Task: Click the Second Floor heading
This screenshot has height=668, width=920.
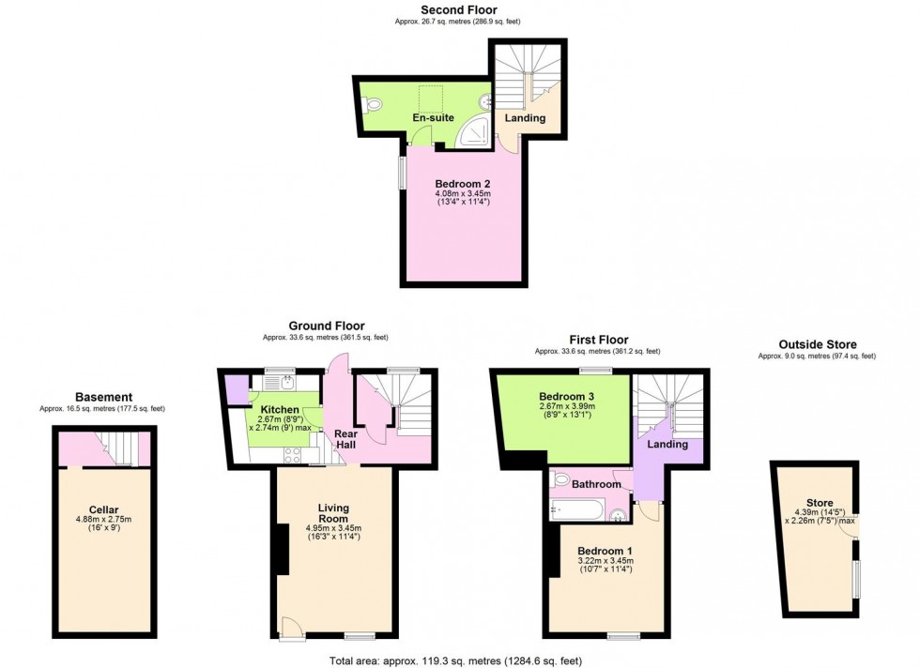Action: [459, 10]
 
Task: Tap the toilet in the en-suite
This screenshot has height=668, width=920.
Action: [371, 105]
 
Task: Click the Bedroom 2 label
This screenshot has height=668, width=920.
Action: [462, 184]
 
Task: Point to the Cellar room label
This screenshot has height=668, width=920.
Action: [104, 510]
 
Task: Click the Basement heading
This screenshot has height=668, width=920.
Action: [104, 398]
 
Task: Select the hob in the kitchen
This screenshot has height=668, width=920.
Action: [292, 455]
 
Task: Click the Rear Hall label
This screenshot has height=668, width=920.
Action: [345, 439]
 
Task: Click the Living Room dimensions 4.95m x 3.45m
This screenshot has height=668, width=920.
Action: [333, 528]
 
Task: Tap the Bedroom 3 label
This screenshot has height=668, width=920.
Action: [562, 397]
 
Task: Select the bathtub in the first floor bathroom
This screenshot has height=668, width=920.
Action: [577, 509]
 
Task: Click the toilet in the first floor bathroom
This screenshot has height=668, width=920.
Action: [560, 479]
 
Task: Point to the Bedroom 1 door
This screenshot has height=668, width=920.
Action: [648, 509]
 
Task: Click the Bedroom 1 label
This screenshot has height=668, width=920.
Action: [605, 552]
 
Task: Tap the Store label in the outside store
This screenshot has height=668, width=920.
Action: [820, 503]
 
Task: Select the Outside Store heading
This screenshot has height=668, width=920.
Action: [818, 345]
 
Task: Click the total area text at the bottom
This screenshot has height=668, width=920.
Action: [456, 660]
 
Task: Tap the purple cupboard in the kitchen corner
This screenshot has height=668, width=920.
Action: [237, 390]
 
